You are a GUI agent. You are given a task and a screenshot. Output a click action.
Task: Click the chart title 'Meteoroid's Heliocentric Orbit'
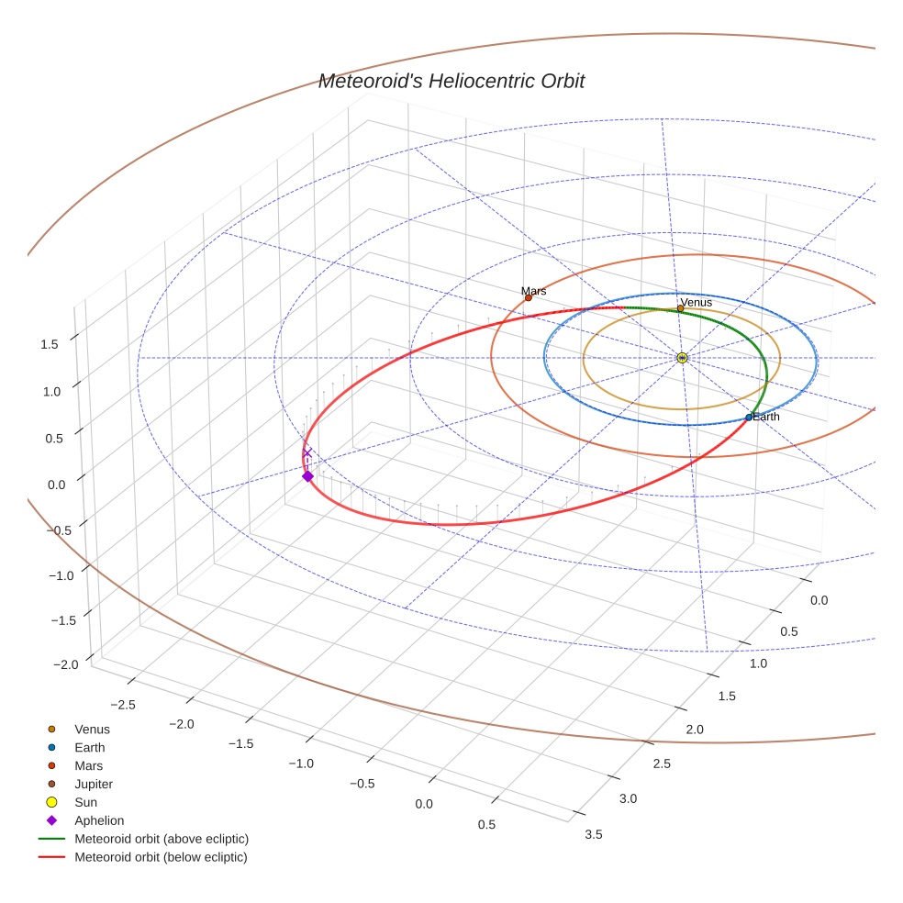(x=451, y=82)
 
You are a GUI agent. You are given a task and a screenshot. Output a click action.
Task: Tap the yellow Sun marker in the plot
(x=682, y=358)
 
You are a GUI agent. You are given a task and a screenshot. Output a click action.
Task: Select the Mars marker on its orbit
(x=529, y=297)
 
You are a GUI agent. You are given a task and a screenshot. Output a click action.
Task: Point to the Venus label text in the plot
(x=696, y=302)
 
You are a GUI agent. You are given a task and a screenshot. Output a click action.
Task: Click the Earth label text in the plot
(x=766, y=417)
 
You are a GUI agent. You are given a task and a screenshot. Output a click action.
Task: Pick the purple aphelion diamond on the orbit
(x=307, y=476)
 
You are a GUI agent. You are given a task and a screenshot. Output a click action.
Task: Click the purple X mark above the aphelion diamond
(x=307, y=453)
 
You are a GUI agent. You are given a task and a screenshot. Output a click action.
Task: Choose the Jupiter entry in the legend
(x=93, y=785)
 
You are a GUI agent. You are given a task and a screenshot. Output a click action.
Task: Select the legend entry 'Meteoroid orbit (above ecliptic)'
(x=162, y=839)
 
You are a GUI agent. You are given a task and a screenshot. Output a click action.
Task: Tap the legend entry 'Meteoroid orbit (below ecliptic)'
(x=161, y=857)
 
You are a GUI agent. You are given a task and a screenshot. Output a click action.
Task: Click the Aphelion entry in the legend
(x=98, y=820)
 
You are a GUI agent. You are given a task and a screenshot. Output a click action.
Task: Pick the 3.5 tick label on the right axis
(x=593, y=834)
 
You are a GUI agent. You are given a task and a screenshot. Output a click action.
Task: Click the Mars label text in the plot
(x=534, y=291)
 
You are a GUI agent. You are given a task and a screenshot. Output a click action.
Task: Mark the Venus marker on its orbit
(x=680, y=309)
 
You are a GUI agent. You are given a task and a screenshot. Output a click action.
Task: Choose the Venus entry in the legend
(x=92, y=730)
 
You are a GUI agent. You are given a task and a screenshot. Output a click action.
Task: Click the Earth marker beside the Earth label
(x=749, y=418)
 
